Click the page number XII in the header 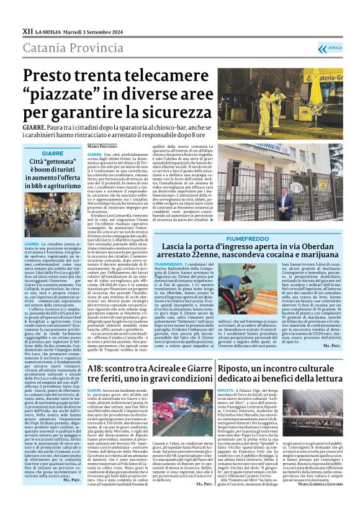(x=27, y=29)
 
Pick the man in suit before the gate (x=286, y=206)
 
